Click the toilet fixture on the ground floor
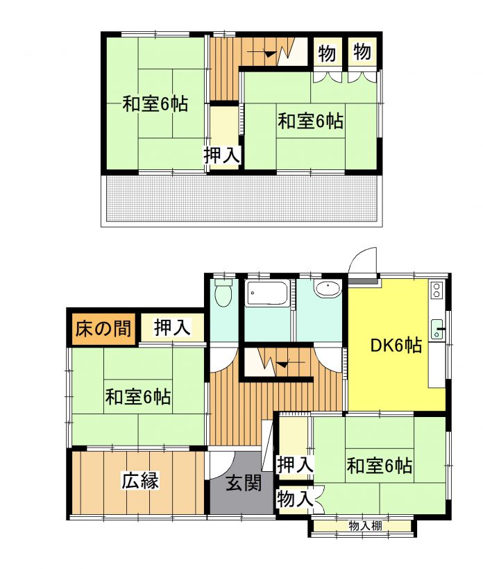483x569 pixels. pyautogui.click(x=223, y=293)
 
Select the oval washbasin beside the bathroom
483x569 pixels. pyautogui.click(x=328, y=289)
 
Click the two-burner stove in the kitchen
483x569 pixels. pyautogui.click(x=437, y=289)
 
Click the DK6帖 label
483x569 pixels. pyautogui.click(x=396, y=345)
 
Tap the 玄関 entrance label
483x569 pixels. pyautogui.click(x=244, y=483)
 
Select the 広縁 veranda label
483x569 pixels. pyautogui.click(x=139, y=481)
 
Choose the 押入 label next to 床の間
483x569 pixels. pyautogui.click(x=172, y=328)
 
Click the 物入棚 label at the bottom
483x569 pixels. pyautogui.click(x=365, y=526)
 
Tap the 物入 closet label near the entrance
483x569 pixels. pyautogui.click(x=295, y=499)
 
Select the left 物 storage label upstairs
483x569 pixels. pyautogui.click(x=327, y=53)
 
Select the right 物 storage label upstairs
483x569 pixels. pyautogui.click(x=362, y=52)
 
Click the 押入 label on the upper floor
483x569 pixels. pyautogui.click(x=222, y=155)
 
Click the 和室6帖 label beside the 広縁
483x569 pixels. pyautogui.click(x=138, y=397)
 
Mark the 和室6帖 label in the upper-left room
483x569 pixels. pyautogui.click(x=155, y=104)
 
